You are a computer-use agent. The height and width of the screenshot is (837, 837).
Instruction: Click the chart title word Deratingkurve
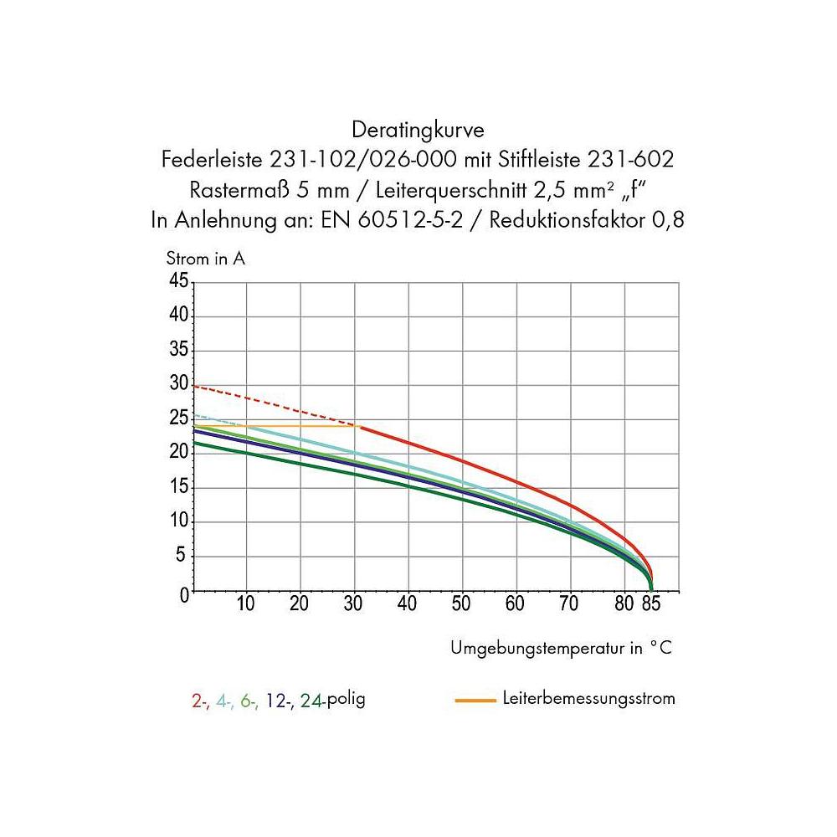[418, 131]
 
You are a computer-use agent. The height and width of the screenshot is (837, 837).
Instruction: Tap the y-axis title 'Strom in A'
[205, 259]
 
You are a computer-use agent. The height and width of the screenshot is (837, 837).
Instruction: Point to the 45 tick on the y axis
[179, 281]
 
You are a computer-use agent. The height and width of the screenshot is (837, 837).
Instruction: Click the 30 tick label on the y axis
[179, 384]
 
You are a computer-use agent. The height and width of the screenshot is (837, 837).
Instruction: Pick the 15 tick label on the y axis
[179, 488]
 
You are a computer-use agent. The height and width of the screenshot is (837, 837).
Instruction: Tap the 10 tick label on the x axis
[246, 604]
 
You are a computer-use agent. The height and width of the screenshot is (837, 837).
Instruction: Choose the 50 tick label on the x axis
[461, 604]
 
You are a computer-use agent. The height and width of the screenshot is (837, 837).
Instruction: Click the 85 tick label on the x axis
[652, 604]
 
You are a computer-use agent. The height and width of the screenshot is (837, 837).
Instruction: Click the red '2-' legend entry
[200, 701]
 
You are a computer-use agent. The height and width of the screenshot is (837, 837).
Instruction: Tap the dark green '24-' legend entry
[311, 701]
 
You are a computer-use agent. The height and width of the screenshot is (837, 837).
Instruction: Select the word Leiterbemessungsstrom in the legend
[589, 698]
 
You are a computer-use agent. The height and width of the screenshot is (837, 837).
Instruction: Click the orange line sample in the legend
[476, 699]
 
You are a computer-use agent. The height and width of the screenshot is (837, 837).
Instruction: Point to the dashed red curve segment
[276, 406]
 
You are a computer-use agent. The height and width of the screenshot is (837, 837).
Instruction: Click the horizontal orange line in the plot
[293, 426]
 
